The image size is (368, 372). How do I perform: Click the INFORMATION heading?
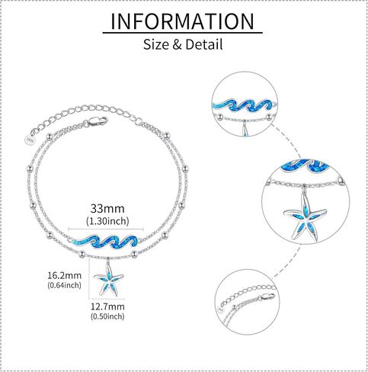coord(182,21)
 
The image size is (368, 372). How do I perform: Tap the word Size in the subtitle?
coord(156,44)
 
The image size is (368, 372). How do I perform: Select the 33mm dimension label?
coord(107,209)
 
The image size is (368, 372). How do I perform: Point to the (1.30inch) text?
coord(107,221)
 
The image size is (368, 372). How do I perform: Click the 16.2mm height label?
coord(65,275)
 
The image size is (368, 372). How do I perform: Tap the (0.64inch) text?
coord(65,285)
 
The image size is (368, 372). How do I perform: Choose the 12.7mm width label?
coord(107,306)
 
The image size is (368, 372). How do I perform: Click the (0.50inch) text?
coord(107,316)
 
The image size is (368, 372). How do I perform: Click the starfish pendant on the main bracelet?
coord(109,279)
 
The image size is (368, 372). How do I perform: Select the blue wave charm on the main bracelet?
coord(105,242)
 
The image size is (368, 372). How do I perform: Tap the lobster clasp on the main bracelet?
coord(98,121)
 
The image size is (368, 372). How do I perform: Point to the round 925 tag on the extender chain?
coord(30,139)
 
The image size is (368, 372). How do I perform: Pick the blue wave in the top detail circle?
coord(245,106)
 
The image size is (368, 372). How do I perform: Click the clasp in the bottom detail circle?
coord(266,297)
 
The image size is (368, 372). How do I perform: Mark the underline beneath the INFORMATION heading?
coord(182,33)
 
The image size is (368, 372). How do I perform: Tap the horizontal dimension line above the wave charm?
coord(106,229)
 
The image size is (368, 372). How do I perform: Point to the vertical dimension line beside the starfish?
coord(89,279)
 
